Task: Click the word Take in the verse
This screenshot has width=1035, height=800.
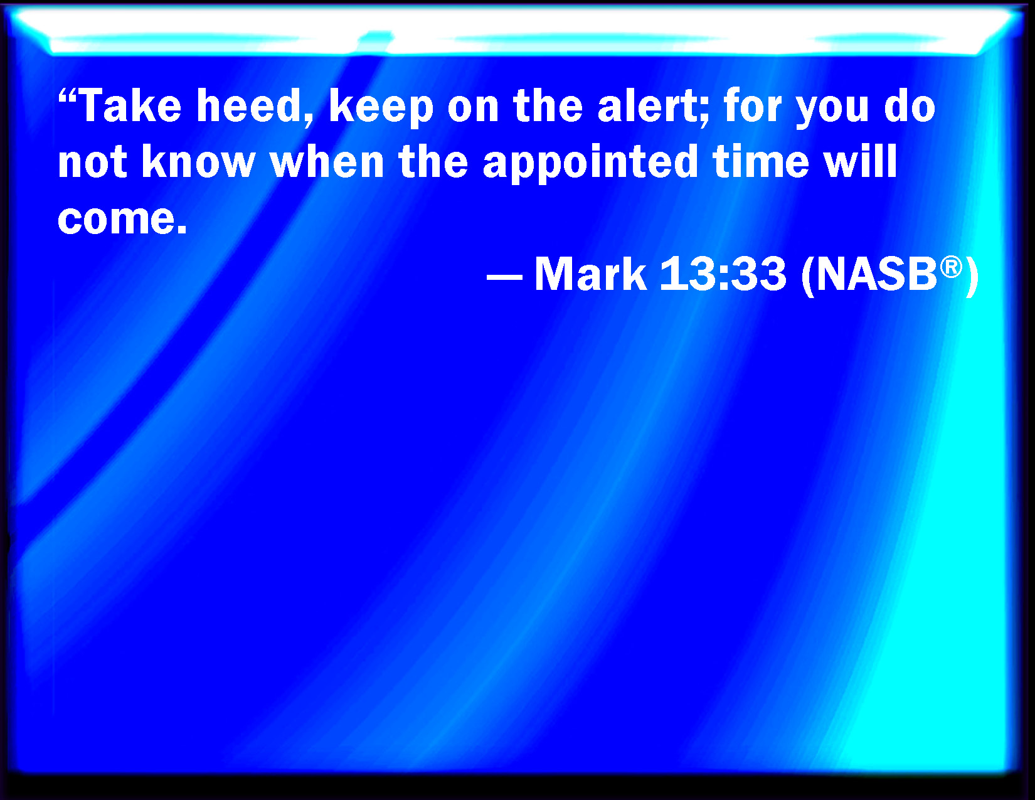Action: tap(130, 105)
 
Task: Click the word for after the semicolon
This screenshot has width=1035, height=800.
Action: tap(753, 105)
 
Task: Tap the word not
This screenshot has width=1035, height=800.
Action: tap(92, 161)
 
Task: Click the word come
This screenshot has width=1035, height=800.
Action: tap(116, 219)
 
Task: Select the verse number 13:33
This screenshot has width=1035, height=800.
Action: tap(723, 274)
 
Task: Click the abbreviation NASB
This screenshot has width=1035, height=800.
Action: tap(877, 274)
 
